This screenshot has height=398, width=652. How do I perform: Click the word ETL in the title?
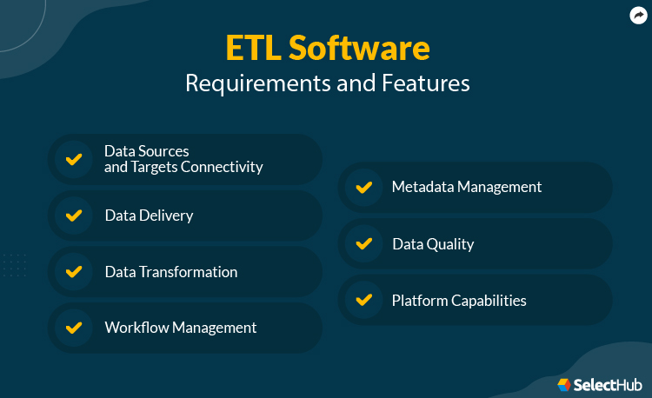(252, 48)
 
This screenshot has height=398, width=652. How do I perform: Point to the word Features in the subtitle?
(426, 83)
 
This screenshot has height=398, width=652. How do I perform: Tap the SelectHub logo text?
(604, 384)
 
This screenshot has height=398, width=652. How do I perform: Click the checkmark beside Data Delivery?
(74, 216)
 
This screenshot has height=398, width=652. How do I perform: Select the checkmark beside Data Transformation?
(74, 272)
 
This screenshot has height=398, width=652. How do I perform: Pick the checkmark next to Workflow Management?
(74, 328)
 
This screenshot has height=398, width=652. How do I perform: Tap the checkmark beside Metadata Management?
(363, 187)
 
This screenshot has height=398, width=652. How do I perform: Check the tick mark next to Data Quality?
(363, 243)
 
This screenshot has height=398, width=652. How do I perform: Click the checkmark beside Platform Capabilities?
(363, 301)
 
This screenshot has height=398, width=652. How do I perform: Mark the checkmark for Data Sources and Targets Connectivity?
(74, 159)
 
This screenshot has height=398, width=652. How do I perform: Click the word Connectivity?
(222, 167)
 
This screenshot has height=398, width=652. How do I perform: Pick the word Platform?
(420, 301)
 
